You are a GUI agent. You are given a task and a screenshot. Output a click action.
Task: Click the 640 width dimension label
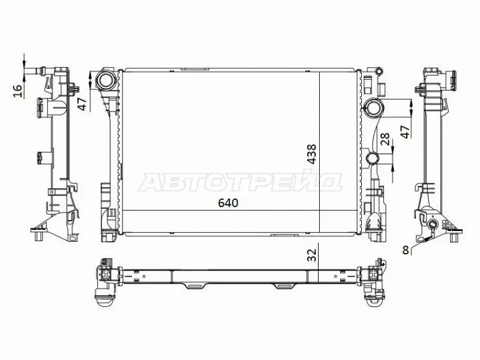[x=229, y=203]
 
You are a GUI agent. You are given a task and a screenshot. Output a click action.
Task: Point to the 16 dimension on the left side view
[x=17, y=90]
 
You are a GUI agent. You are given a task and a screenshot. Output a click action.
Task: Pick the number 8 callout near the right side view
[x=406, y=250]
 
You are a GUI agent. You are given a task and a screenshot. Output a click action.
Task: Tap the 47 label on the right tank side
[x=406, y=131]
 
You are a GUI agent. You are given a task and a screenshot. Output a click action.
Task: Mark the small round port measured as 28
[x=372, y=159]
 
